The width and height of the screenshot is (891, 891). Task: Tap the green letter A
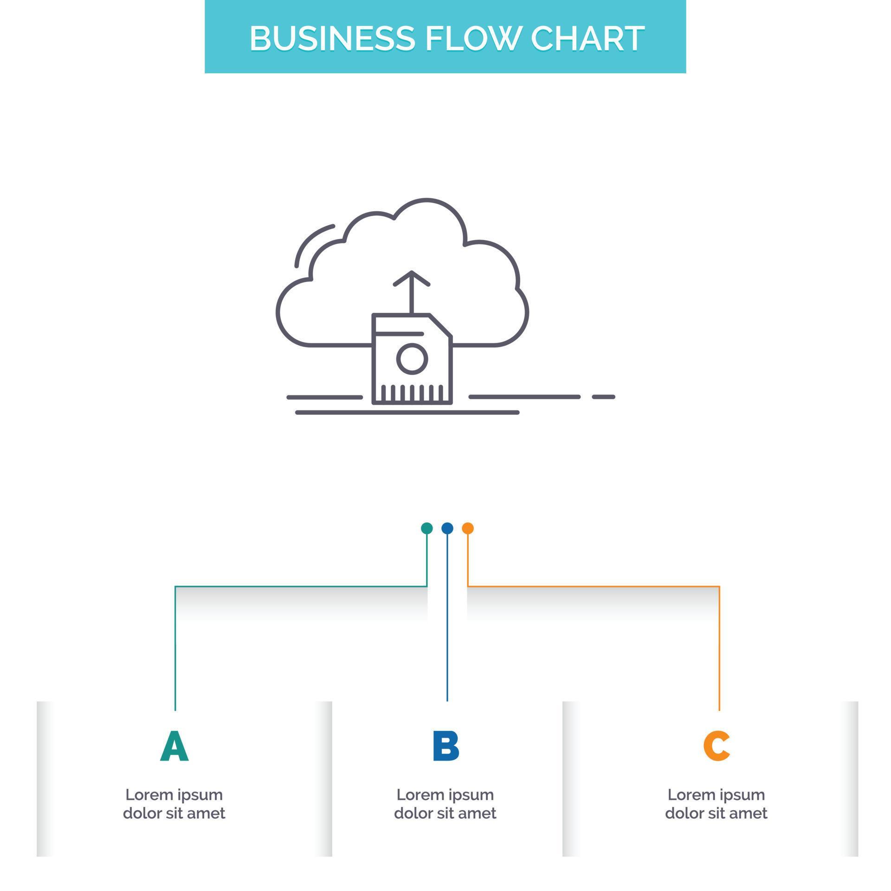[174, 746]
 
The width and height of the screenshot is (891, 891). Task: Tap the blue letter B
[445, 746]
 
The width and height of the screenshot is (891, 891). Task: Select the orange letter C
[717, 746]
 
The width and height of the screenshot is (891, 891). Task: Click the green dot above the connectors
[426, 528]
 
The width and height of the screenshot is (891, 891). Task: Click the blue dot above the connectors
[447, 528]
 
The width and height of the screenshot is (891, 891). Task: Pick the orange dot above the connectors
[468, 528]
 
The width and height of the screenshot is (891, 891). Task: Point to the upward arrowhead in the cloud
[411, 278]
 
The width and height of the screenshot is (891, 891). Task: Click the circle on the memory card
[412, 358]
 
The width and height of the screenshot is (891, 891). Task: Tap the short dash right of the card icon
[603, 397]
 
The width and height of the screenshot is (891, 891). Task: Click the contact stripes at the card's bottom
[412, 393]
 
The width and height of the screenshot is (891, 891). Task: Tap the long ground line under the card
[407, 412]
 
